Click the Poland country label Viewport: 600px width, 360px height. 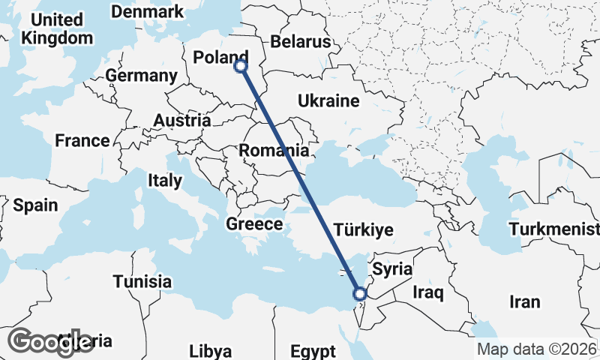pos(220,57)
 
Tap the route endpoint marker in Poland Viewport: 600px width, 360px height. pos(241,66)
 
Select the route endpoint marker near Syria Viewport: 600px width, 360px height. pos(360,293)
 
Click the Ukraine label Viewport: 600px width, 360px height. pos(328,100)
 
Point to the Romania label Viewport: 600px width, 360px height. pos(274,150)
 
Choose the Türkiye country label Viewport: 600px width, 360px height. pos(363,229)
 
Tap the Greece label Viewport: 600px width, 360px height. pos(254,223)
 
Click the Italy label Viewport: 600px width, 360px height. pos(164,180)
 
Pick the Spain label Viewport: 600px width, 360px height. pos(35,204)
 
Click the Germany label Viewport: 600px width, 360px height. pos(141,76)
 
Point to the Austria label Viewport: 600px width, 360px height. pos(182,120)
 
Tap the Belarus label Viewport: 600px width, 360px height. pos(301,41)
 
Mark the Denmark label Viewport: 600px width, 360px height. pos(146,12)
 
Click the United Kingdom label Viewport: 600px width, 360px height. pos(57,28)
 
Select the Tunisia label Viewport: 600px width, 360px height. pos(142,282)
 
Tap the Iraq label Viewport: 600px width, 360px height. pos(429,290)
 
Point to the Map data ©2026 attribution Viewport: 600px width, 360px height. pos(537,349)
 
